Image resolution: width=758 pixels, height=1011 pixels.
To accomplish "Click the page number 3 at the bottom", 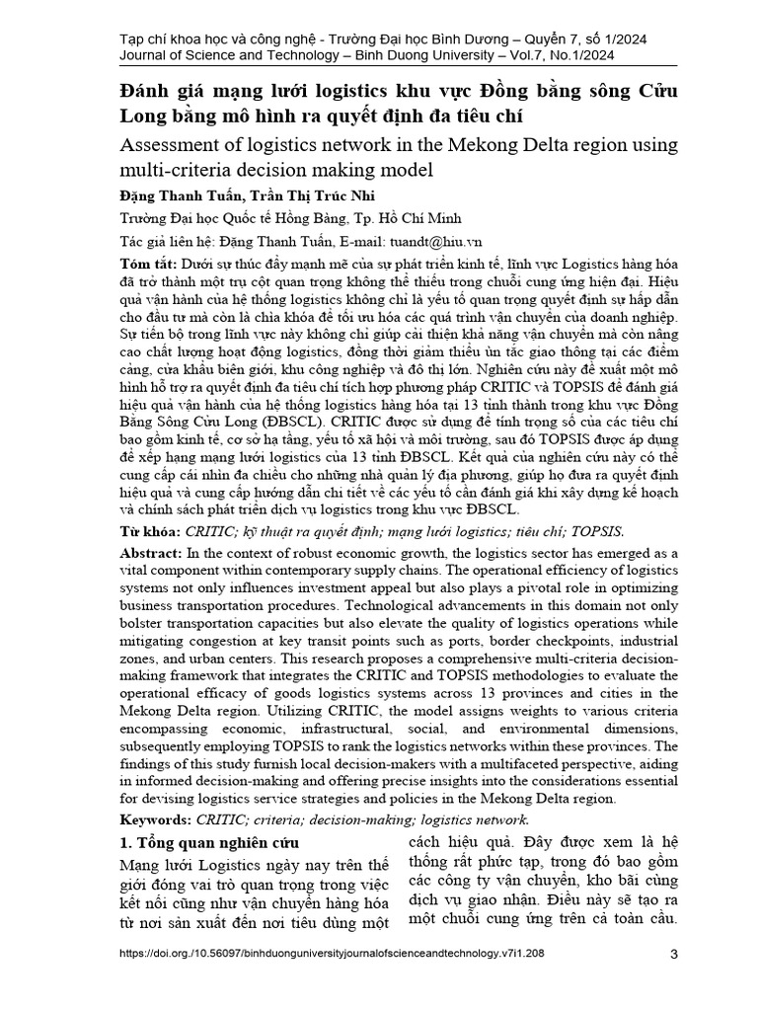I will click(x=673, y=954).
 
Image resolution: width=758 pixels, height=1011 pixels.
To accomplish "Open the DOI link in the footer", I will click(x=330, y=955).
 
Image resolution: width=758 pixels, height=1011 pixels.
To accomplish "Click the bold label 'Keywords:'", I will click(x=157, y=819).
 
